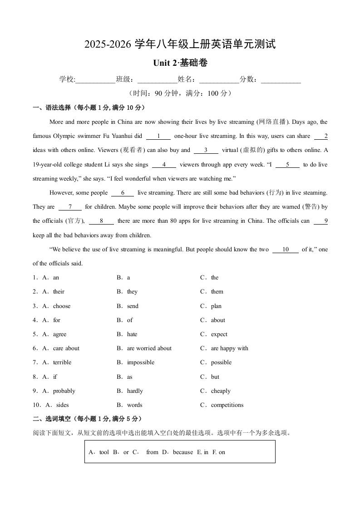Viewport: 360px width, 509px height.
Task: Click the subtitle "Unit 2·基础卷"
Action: (x=180, y=64)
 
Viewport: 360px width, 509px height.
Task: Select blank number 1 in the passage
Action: (x=158, y=136)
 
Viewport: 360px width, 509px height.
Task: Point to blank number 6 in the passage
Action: (x=123, y=193)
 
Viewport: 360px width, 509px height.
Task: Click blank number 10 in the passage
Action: (x=286, y=250)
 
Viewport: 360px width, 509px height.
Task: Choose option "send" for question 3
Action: (x=133, y=306)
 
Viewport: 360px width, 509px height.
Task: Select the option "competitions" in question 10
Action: (x=227, y=405)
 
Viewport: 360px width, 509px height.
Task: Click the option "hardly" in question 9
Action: (x=135, y=391)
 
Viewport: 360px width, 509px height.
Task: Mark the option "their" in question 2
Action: (x=59, y=292)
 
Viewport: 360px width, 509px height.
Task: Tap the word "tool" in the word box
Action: (x=104, y=452)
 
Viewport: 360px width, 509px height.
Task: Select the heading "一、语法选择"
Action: (x=52, y=108)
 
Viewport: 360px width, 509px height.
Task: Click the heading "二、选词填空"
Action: (x=52, y=419)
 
